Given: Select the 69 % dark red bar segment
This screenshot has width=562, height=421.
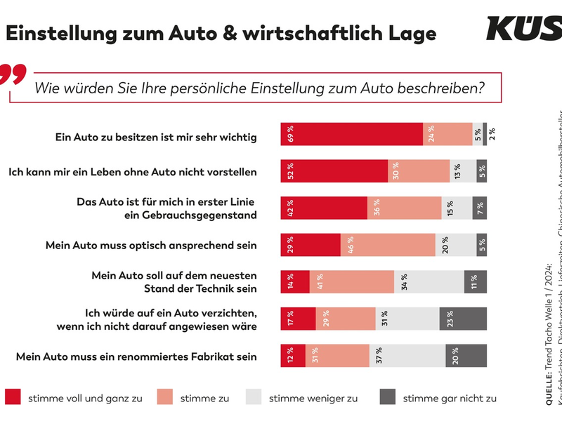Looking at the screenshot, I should (x=351, y=134).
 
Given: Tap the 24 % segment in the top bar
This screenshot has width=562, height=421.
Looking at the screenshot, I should (x=447, y=134).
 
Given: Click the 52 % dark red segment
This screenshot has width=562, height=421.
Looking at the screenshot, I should (x=334, y=171).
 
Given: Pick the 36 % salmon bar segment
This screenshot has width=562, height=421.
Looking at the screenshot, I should (x=414, y=208).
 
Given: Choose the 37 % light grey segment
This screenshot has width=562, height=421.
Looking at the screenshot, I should (x=407, y=355).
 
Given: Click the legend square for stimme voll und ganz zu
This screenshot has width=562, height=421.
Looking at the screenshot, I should (x=13, y=398).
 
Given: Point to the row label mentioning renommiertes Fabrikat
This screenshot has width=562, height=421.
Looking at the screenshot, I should (x=136, y=356).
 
